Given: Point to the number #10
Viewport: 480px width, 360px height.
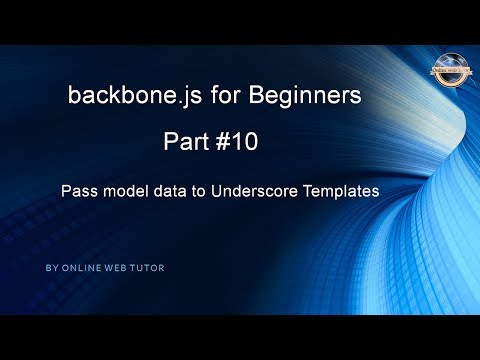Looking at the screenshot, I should click(237, 143).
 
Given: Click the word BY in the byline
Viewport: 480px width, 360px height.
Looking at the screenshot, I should click(52, 268).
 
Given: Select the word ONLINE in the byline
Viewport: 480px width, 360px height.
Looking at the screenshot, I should click(81, 268).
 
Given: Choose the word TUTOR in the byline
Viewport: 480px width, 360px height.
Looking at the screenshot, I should click(149, 268).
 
